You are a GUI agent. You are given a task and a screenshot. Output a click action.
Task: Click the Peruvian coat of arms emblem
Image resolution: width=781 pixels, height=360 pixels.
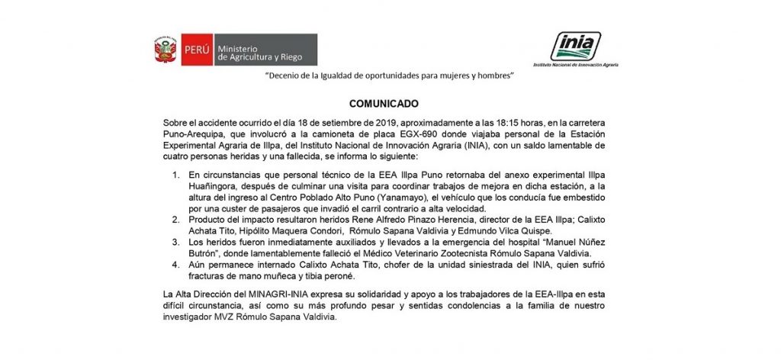pos(166,50)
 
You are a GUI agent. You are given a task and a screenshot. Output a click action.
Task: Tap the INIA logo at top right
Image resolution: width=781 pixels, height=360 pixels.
pos(575,47)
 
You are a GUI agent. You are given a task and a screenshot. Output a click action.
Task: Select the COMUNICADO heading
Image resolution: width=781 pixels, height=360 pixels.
pos(389,104)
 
